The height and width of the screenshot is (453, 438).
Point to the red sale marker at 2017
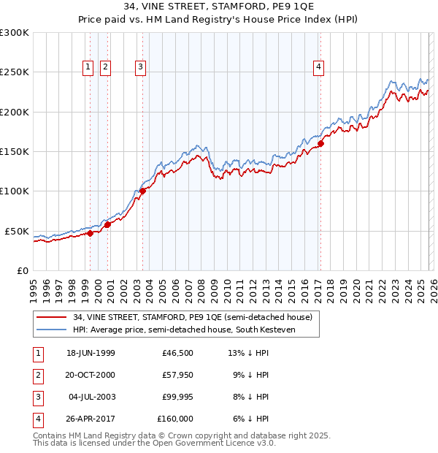[x=320, y=143]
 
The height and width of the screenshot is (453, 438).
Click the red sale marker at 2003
[x=143, y=191]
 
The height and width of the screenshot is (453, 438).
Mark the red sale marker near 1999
[x=91, y=234]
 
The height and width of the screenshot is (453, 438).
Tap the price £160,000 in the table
[x=175, y=419]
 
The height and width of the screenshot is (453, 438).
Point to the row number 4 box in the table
[x=36, y=419]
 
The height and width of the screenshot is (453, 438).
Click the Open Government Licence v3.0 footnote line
[x=154, y=443]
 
